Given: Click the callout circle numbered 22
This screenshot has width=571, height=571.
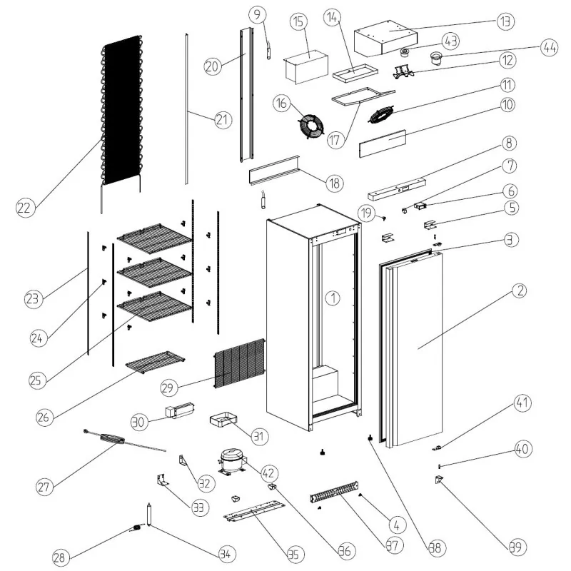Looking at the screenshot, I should [25, 208].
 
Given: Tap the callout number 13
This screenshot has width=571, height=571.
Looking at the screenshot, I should [505, 21].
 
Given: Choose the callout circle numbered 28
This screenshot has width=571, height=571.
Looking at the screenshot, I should [61, 556].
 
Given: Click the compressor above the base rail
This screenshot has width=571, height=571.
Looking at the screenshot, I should [231, 460].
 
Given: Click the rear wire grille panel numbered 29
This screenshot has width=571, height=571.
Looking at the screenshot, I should [239, 364].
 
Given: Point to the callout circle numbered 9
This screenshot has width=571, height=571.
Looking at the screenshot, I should [258, 14].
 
